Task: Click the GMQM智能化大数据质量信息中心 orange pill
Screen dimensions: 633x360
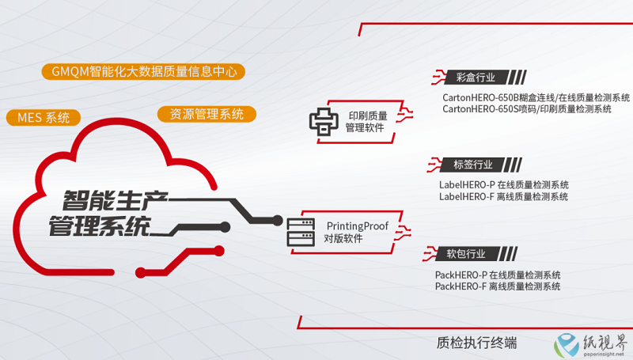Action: click(x=143, y=71)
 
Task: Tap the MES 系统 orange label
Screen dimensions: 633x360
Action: click(x=44, y=117)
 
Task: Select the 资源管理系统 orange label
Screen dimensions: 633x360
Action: click(x=207, y=114)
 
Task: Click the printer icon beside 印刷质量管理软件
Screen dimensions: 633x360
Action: click(x=324, y=122)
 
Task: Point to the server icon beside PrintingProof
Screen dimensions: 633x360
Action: click(x=301, y=232)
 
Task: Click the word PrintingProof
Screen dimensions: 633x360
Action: click(x=358, y=226)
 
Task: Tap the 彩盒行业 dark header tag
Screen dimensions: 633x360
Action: click(x=476, y=77)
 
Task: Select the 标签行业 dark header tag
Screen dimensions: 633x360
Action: click(x=472, y=165)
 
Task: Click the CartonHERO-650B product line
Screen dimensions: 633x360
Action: click(x=536, y=97)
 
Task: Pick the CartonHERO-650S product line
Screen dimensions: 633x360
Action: click(x=527, y=109)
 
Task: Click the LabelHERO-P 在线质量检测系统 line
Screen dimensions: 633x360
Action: click(x=504, y=185)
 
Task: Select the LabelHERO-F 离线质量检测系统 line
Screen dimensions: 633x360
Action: click(x=503, y=196)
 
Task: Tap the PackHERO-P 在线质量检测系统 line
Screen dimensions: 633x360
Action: click(x=498, y=275)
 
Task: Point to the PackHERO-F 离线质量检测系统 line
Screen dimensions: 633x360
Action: click(x=498, y=286)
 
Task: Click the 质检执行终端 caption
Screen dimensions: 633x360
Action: click(x=477, y=343)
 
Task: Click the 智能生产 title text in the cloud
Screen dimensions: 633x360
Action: click(x=115, y=201)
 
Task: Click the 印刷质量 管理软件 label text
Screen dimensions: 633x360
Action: click(x=366, y=122)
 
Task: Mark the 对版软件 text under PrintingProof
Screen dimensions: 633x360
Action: click(x=343, y=238)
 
